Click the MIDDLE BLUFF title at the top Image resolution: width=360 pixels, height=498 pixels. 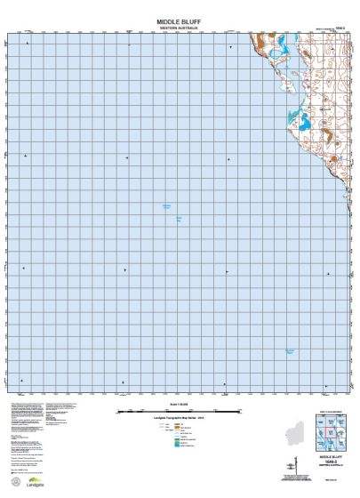tap(180, 19)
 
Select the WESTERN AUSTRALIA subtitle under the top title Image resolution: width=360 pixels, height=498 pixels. tap(180, 28)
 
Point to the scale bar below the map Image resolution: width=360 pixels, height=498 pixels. tap(180, 411)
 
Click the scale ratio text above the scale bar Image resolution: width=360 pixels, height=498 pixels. tap(180, 404)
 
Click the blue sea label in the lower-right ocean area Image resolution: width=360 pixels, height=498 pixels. tap(289, 351)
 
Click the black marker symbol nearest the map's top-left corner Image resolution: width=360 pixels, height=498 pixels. tap(28, 42)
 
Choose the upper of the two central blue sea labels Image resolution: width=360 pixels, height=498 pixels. tap(165, 207)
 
